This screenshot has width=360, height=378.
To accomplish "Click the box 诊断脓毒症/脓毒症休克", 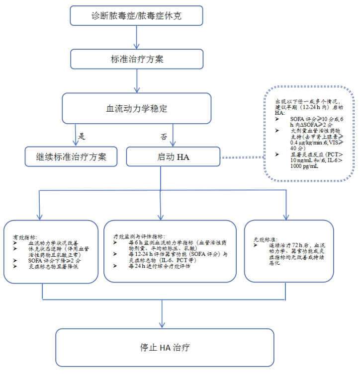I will pos(137,15).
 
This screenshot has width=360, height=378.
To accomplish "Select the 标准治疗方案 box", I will pos(137,59).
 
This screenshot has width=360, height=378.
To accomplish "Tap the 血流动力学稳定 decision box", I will pos(137,107).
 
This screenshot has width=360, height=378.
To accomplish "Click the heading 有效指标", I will pos(25,237).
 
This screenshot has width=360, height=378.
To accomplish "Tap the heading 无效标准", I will pos(264,240).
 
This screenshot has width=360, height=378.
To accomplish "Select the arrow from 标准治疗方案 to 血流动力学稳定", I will pos(137,80).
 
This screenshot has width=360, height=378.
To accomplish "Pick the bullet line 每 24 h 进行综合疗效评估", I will pos(160,266).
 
